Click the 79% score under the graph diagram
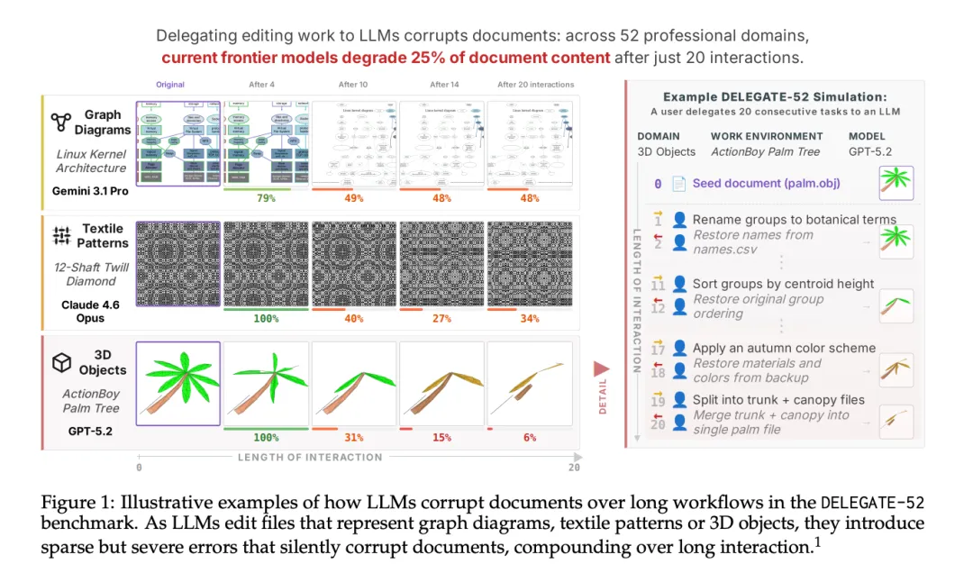click(x=266, y=198)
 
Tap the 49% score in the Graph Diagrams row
click(x=353, y=198)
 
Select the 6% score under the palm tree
click(x=530, y=438)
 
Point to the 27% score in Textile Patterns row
click(x=441, y=318)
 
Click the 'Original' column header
click(x=170, y=85)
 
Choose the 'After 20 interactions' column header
click(x=535, y=85)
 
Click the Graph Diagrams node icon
click(x=61, y=122)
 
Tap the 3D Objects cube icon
click(x=61, y=362)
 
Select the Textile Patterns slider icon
click(x=61, y=236)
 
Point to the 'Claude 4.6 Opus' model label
click(x=90, y=312)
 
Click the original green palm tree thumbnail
click(x=177, y=383)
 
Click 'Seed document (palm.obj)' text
click(x=766, y=183)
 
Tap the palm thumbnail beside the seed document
click(x=896, y=183)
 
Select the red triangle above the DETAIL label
click(x=601, y=368)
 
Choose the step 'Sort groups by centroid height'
click(x=783, y=284)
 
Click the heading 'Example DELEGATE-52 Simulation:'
click(x=775, y=96)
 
